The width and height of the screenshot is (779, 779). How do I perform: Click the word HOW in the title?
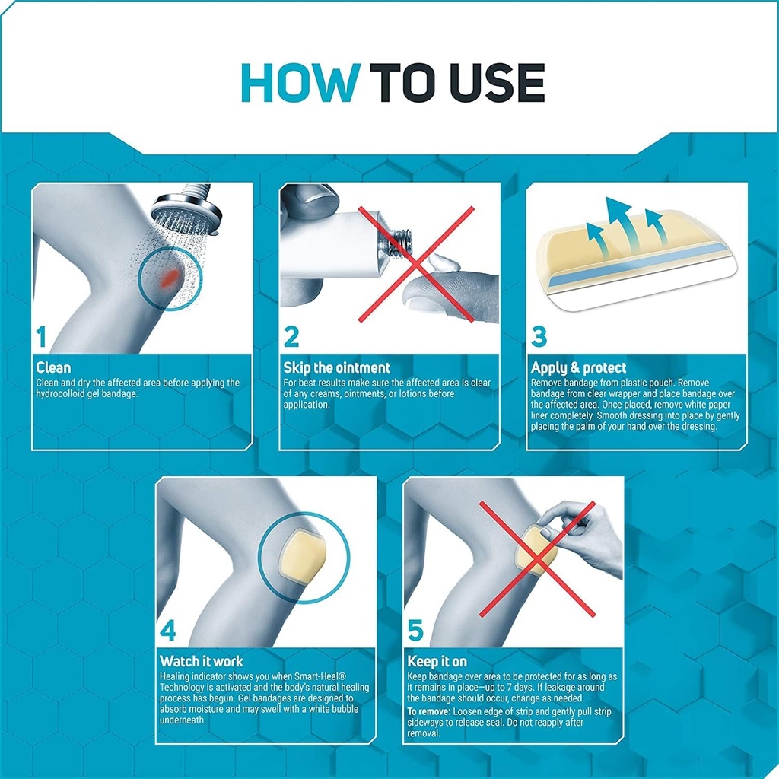pyautogui.click(x=298, y=83)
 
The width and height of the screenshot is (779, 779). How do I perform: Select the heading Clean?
pyautogui.click(x=54, y=368)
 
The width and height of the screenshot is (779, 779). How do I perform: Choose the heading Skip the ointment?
pyautogui.click(x=336, y=368)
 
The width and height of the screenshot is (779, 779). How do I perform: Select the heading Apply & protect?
pyautogui.click(x=578, y=368)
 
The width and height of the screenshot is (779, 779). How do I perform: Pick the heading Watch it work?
pyautogui.click(x=201, y=660)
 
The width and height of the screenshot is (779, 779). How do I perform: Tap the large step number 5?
pyautogui.click(x=416, y=631)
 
